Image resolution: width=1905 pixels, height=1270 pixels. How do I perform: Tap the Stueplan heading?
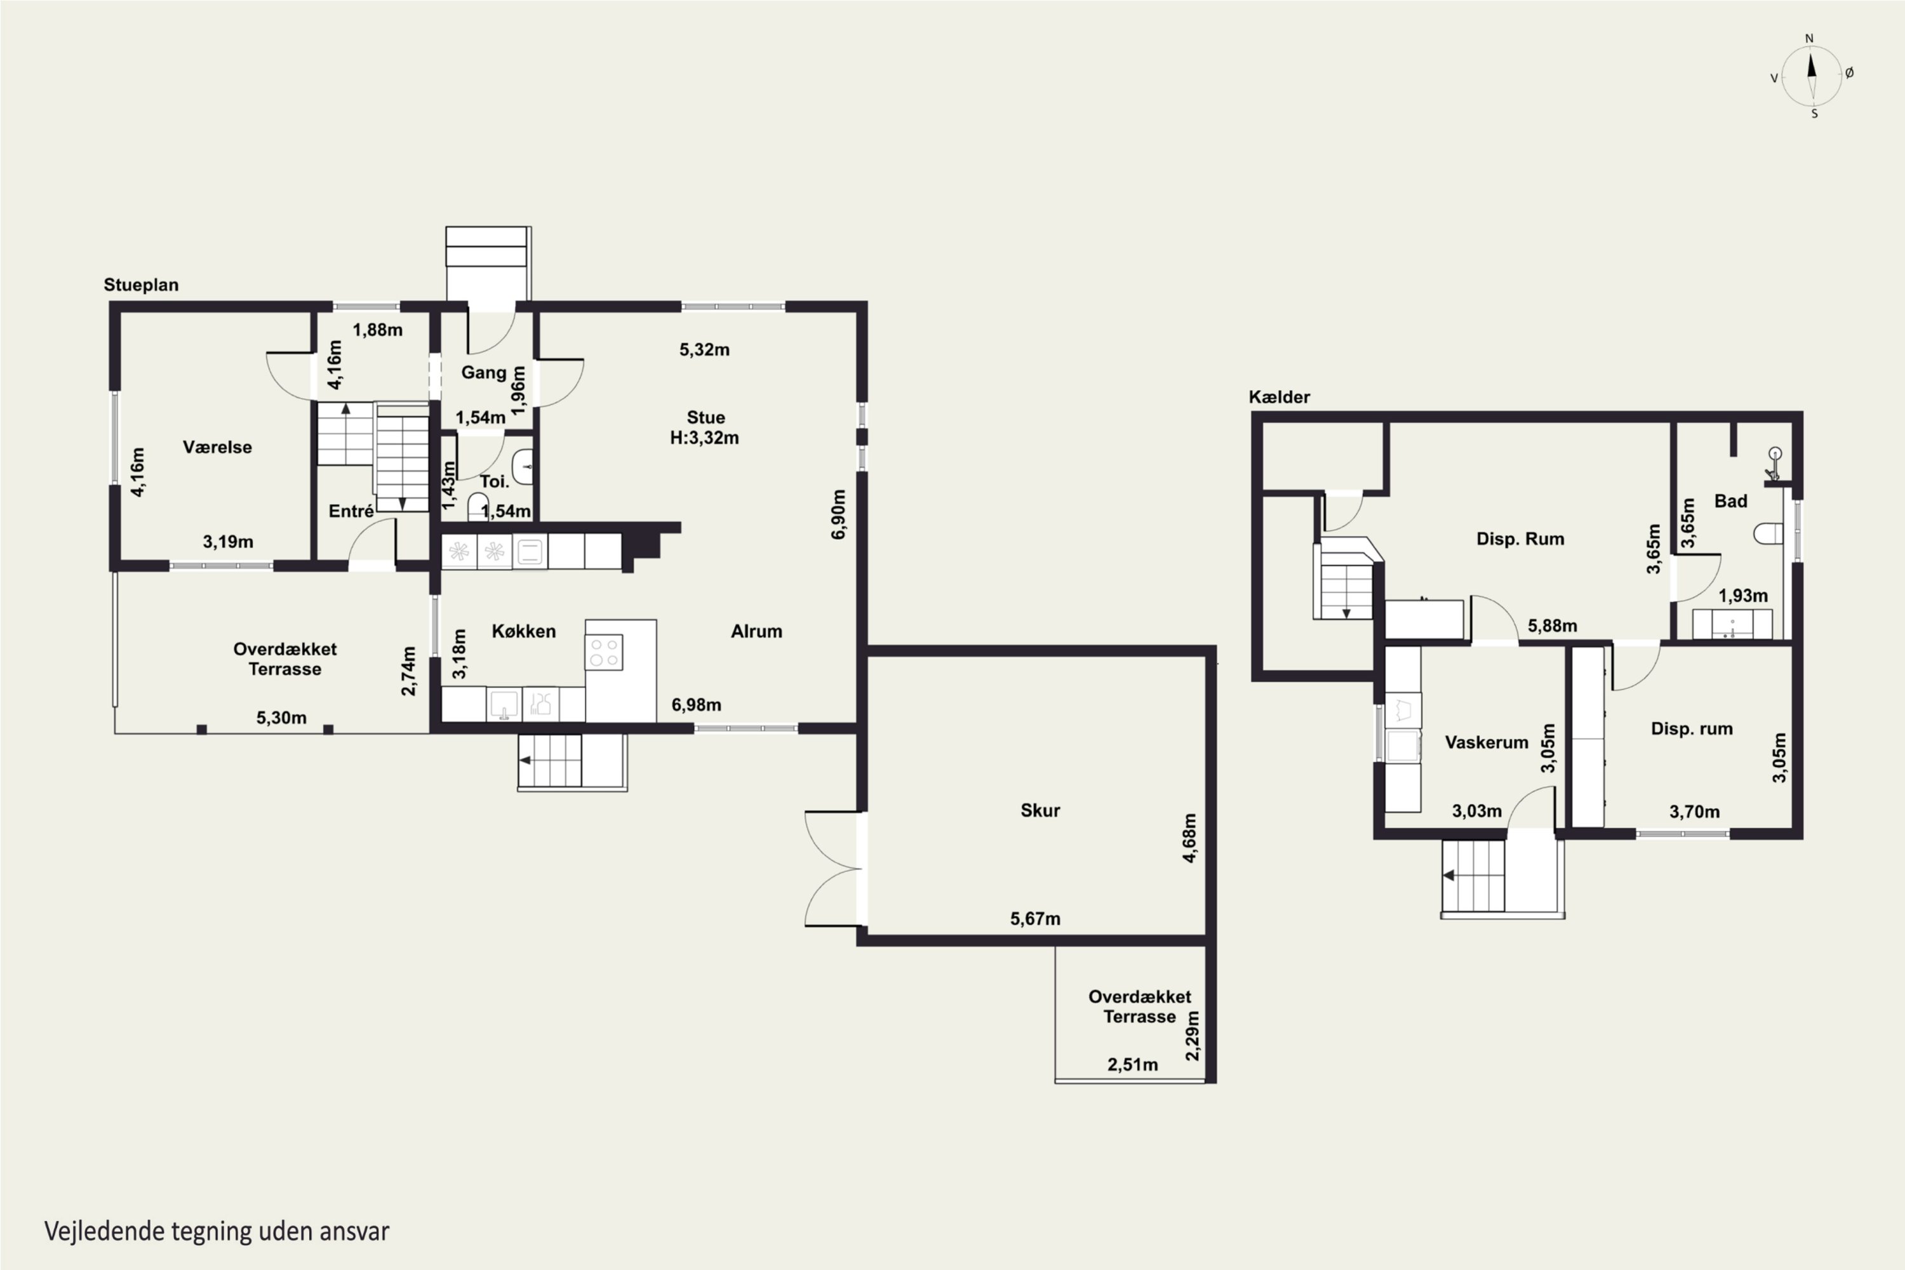point(141,285)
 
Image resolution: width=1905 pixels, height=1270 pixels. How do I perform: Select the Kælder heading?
point(1279,397)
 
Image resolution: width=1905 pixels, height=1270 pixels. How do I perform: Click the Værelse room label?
point(217,447)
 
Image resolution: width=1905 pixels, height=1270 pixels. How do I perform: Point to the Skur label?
point(1040,810)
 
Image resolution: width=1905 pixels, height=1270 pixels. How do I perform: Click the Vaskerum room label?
point(1487,742)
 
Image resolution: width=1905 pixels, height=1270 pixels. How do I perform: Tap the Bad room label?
point(1731,502)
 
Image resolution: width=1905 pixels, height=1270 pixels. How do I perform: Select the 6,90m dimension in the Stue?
point(838,514)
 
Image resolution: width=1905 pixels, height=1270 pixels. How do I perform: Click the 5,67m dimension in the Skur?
point(1035,918)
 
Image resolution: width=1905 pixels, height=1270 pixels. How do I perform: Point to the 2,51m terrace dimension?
point(1132,1064)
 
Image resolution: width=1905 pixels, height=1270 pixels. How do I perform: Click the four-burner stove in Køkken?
point(603,652)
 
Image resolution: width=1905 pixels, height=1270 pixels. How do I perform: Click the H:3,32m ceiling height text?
point(704,438)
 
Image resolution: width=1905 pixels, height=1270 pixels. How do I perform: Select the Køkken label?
point(523,631)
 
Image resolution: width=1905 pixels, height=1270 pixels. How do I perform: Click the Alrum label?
point(756,631)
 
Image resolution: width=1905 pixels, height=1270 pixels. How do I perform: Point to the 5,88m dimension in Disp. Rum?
point(1552,626)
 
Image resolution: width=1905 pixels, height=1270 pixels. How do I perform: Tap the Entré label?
point(351,511)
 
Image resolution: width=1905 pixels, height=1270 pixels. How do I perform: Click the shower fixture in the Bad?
point(1774,465)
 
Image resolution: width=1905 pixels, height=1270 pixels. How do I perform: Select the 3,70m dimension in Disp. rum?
point(1694,812)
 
